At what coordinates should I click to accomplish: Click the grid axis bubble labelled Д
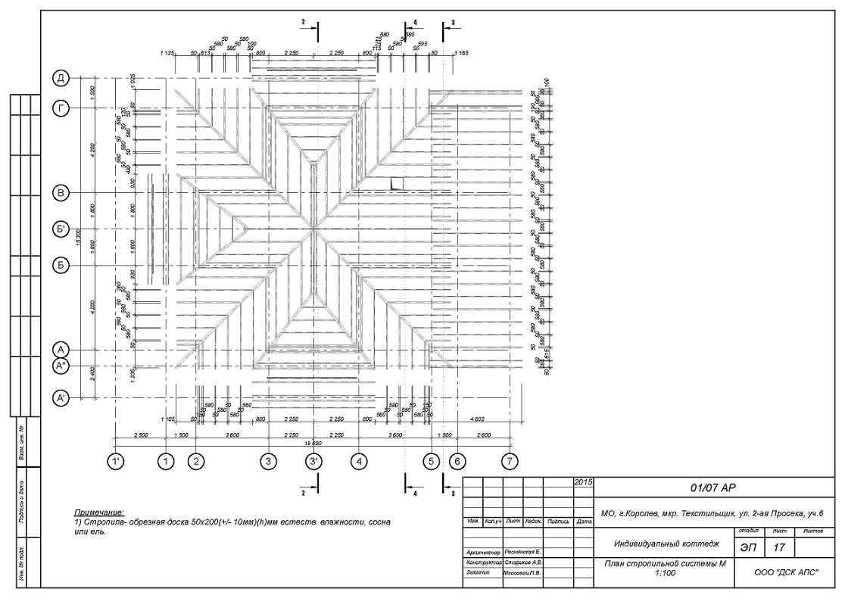61,78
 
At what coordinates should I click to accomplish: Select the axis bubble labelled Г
61,109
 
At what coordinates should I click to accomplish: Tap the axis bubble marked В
61,194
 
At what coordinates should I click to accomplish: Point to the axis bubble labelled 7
511,460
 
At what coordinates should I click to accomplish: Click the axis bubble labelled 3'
313,460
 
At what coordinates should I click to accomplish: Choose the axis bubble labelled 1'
115,460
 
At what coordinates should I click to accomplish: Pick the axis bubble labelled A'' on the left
61,366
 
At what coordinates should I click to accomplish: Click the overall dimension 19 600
313,444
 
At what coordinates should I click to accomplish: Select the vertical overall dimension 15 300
80,237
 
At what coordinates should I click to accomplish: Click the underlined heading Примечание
98,514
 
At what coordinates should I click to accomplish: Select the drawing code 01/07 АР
708,487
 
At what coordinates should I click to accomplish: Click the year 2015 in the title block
584,482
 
